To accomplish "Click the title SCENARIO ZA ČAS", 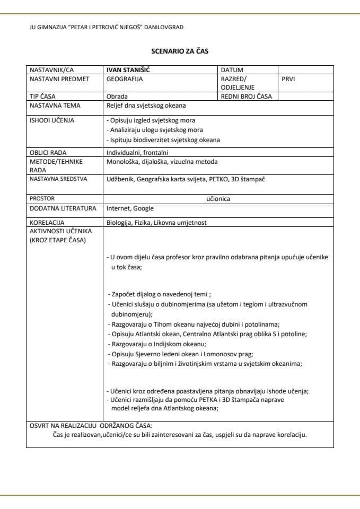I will [179, 51].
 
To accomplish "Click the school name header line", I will [107, 27].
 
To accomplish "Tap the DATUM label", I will [232, 69].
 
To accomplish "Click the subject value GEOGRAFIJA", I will [125, 78].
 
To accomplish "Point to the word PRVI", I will [289, 78].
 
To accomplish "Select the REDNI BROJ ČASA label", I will [246, 96].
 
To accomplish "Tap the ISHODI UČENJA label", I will [52, 120].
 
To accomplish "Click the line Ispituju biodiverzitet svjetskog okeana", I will [163, 140].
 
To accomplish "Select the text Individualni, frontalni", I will [137, 153].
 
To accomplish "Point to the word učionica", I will [218, 199].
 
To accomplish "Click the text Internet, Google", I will [130, 208].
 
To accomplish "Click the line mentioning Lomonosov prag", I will [180, 354].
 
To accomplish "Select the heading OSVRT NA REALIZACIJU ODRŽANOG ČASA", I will [91, 425].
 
